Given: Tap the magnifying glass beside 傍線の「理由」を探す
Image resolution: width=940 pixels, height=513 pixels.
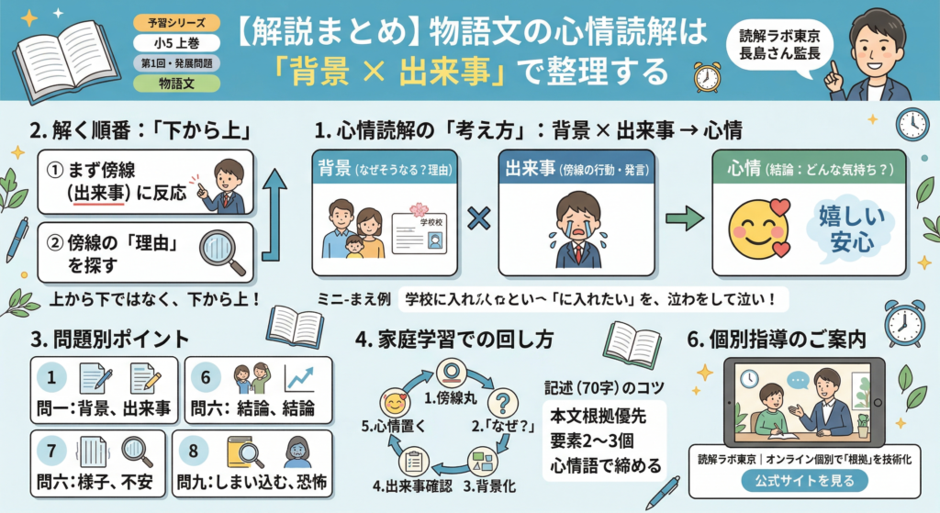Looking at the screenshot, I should coord(224,251).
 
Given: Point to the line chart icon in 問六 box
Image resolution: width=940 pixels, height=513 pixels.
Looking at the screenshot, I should coord(299,377).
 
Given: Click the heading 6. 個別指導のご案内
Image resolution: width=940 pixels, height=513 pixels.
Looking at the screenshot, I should coord(777,338).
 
